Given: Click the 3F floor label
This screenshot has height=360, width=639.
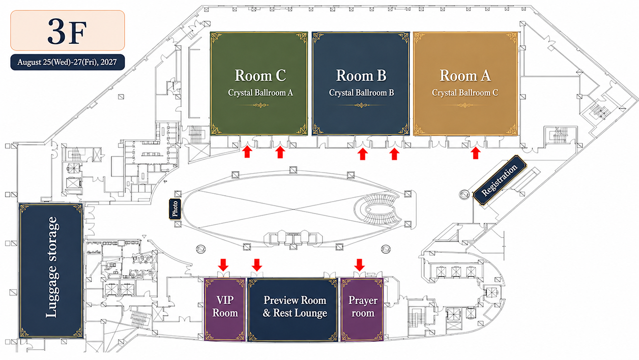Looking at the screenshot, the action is click(x=67, y=31).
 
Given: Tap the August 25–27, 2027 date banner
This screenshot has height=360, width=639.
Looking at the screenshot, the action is click(x=67, y=62).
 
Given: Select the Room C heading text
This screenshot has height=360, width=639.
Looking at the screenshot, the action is click(x=260, y=76).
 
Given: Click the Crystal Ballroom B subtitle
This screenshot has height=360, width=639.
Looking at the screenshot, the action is click(x=361, y=93).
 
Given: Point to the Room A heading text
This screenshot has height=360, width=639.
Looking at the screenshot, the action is click(x=465, y=76).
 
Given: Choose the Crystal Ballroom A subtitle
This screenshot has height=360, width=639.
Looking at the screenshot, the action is click(x=260, y=93).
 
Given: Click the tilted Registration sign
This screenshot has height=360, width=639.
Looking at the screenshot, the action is click(x=499, y=180).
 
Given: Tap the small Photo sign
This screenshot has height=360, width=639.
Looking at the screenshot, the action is click(x=175, y=209).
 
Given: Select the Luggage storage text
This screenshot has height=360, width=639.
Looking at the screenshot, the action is click(x=52, y=267).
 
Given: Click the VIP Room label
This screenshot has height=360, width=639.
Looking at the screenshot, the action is click(x=225, y=306).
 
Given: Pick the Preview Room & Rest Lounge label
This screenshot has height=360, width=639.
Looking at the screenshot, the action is click(x=295, y=306).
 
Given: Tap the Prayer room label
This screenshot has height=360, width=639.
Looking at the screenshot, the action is click(x=363, y=306).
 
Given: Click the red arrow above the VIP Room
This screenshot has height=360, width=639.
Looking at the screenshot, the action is click(x=223, y=265).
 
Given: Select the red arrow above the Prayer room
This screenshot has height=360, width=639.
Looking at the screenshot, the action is click(x=359, y=265).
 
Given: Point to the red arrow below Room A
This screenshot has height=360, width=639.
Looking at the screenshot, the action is click(x=475, y=153).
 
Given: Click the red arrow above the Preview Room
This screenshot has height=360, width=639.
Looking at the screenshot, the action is click(x=257, y=265).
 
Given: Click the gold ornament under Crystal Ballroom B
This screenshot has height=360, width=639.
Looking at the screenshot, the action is click(x=361, y=105).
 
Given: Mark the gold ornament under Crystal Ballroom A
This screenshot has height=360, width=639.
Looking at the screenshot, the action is click(x=260, y=105).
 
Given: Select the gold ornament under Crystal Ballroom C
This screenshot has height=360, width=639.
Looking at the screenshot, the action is click(x=465, y=105).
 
